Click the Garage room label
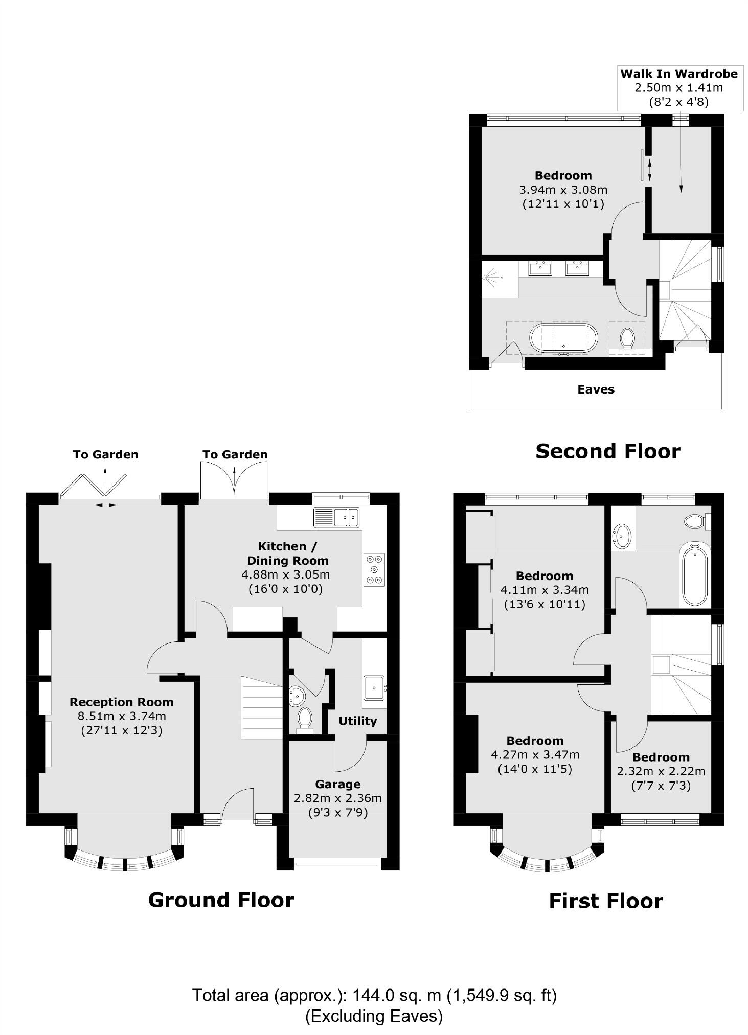(x=337, y=784)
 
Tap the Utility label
(x=357, y=721)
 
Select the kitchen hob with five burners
(x=374, y=569)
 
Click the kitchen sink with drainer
(x=336, y=517)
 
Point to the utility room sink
(x=374, y=687)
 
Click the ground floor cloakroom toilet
(x=305, y=718)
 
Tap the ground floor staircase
(x=261, y=708)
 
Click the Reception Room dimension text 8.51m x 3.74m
(x=122, y=717)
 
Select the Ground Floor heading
(x=221, y=900)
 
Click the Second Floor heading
(x=607, y=451)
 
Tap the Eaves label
(x=596, y=389)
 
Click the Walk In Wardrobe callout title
(x=678, y=74)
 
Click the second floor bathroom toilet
(x=627, y=338)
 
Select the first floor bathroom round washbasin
(x=622, y=536)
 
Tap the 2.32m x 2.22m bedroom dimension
(x=661, y=771)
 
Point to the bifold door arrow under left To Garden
(x=105, y=505)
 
